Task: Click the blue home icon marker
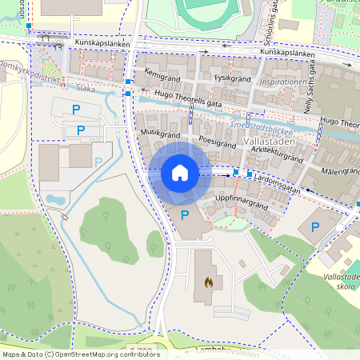(180, 173)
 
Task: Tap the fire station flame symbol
(209, 282)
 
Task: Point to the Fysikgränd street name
(233, 79)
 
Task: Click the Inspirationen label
(282, 82)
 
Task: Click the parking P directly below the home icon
(186, 215)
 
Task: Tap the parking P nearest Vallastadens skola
(315, 228)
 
